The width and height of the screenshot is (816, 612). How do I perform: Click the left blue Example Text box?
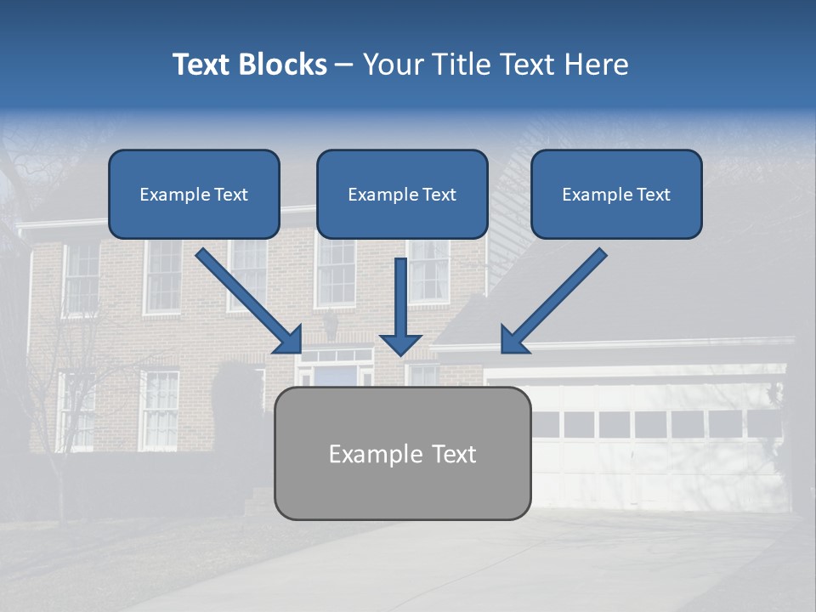coord(194,194)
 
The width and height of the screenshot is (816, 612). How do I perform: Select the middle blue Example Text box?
coord(402,194)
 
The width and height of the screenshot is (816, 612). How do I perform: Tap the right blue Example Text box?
coord(616,194)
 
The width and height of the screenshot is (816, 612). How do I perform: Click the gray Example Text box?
coord(402,453)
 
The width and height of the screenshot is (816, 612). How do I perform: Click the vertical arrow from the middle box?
coord(400,306)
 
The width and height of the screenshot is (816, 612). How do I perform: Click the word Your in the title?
coord(393,65)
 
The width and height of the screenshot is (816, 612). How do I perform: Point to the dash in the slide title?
coord(344,65)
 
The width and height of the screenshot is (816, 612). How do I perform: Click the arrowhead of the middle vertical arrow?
coord(400,343)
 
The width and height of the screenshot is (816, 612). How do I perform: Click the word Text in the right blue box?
coord(653,194)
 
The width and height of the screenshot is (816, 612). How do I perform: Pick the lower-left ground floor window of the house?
coord(160,410)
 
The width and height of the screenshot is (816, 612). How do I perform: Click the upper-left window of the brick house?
coord(82,278)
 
